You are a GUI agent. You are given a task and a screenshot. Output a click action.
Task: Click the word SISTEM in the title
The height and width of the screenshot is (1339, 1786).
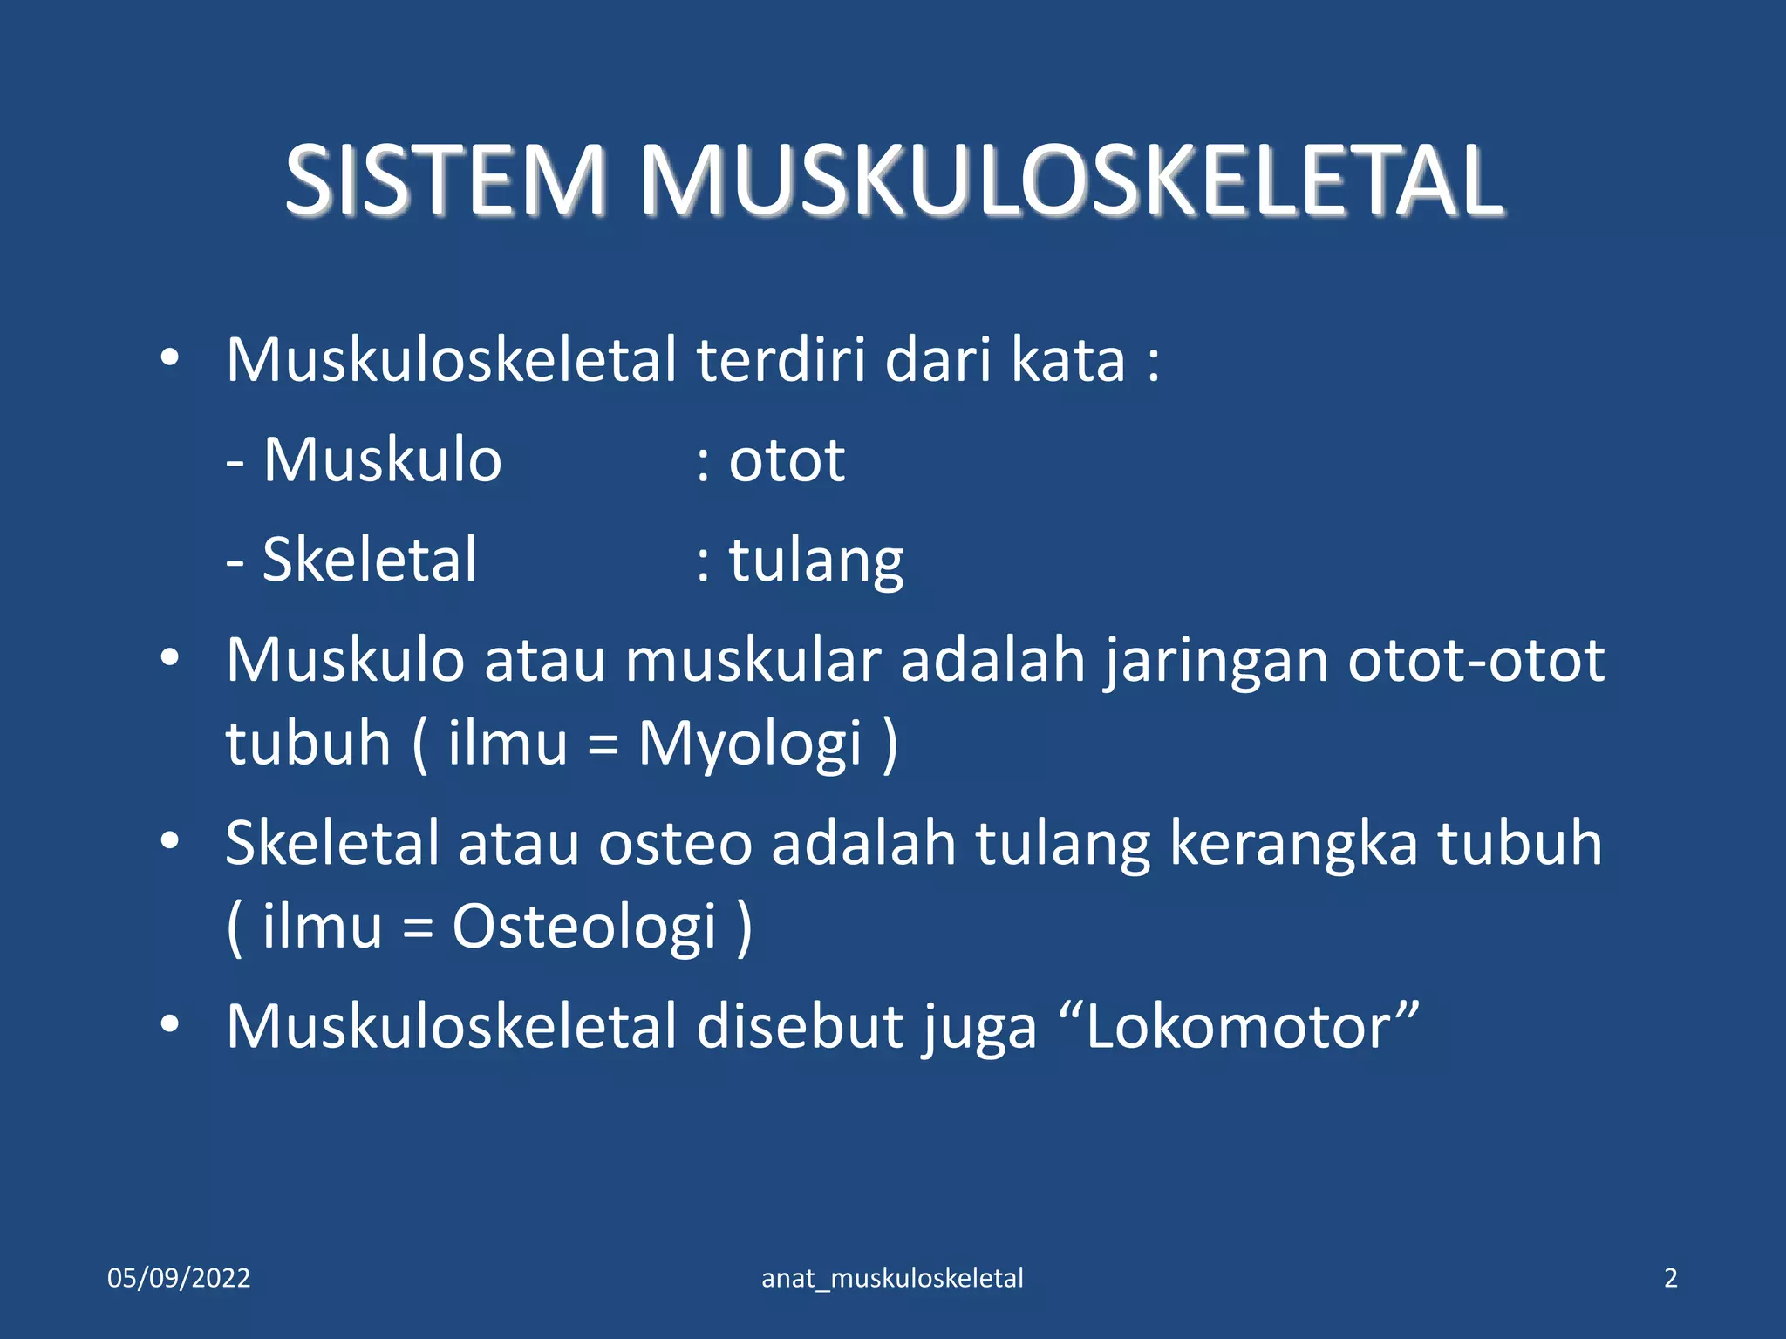(x=445, y=180)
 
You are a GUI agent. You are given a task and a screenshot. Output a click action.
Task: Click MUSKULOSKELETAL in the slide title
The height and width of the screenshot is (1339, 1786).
(x=1071, y=180)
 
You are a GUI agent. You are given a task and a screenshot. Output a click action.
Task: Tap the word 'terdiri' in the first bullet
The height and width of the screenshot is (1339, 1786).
(x=781, y=359)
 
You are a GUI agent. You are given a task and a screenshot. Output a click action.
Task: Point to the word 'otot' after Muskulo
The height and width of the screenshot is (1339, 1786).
(x=787, y=459)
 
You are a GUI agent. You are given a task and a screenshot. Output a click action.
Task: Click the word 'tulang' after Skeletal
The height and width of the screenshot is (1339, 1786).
(x=816, y=561)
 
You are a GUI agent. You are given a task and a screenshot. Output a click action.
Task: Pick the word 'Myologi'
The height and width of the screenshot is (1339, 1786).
(x=750, y=744)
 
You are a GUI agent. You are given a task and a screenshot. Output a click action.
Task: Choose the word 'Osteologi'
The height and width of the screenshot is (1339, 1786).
(x=584, y=926)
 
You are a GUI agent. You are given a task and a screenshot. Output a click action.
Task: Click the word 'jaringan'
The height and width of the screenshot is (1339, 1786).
(x=1216, y=661)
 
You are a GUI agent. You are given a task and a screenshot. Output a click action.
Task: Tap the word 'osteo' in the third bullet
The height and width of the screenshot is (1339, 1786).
(x=674, y=843)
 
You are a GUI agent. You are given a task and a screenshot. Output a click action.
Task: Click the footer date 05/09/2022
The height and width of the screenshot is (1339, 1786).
(x=179, y=1278)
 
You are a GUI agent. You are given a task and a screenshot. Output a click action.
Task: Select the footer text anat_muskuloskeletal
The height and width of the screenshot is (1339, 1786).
(x=892, y=1278)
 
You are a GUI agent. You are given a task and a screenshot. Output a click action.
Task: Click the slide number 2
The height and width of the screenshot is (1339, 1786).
(x=1670, y=1278)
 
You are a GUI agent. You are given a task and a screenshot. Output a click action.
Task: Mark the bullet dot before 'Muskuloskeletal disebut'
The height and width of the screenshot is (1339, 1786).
(x=170, y=1023)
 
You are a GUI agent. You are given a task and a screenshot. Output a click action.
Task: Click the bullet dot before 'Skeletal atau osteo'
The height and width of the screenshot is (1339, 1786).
(x=170, y=840)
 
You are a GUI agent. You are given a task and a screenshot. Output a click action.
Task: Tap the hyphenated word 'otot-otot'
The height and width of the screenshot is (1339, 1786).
(x=1476, y=661)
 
